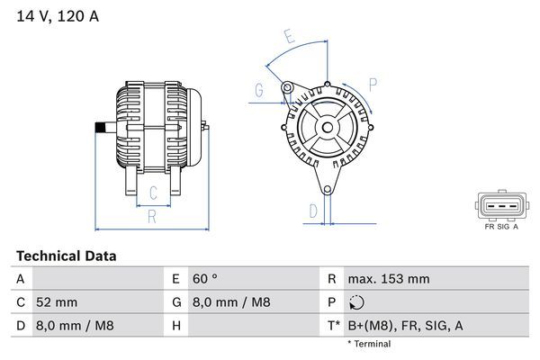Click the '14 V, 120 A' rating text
pyautogui.click(x=55, y=15)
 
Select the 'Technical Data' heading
pyautogui.click(x=66, y=256)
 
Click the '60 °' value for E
pyautogui.click(x=207, y=280)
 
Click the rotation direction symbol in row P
pyautogui.click(x=356, y=303)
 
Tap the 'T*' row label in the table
pyautogui.click(x=332, y=325)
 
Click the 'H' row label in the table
pyautogui.click(x=175, y=325)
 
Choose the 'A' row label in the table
pyautogui.click(x=20, y=280)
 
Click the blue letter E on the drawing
pyautogui.click(x=289, y=37)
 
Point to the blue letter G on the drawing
pyautogui.click(x=258, y=89)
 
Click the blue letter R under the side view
pyautogui.click(x=152, y=217)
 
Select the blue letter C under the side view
pyautogui.click(x=153, y=191)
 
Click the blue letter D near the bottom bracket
pyautogui.click(x=312, y=211)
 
